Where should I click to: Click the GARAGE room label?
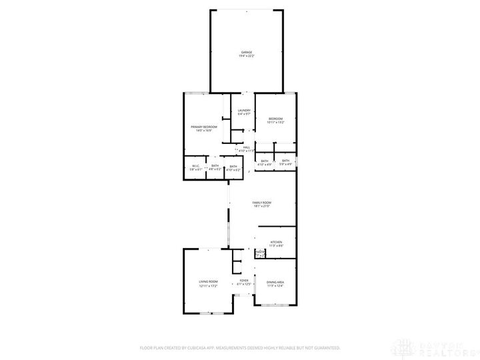pos(246,52)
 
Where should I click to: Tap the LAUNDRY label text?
pos(244,110)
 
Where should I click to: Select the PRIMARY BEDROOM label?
pos(203,127)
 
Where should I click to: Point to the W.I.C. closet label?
pos(195,166)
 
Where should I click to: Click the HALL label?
pos(247,147)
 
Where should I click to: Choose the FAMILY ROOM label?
pos(261,202)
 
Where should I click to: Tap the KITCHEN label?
pos(276,242)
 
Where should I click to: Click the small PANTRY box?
pos(259,253)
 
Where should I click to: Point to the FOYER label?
pos(244,281)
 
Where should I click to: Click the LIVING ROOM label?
pos(208,282)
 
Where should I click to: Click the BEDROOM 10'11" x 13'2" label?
pos(275,119)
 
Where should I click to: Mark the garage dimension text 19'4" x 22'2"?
pos(246,56)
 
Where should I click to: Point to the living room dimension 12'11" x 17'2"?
pos(208,286)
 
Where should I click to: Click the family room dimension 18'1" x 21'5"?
pos(261,206)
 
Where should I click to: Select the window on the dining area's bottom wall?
pos(275,305)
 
